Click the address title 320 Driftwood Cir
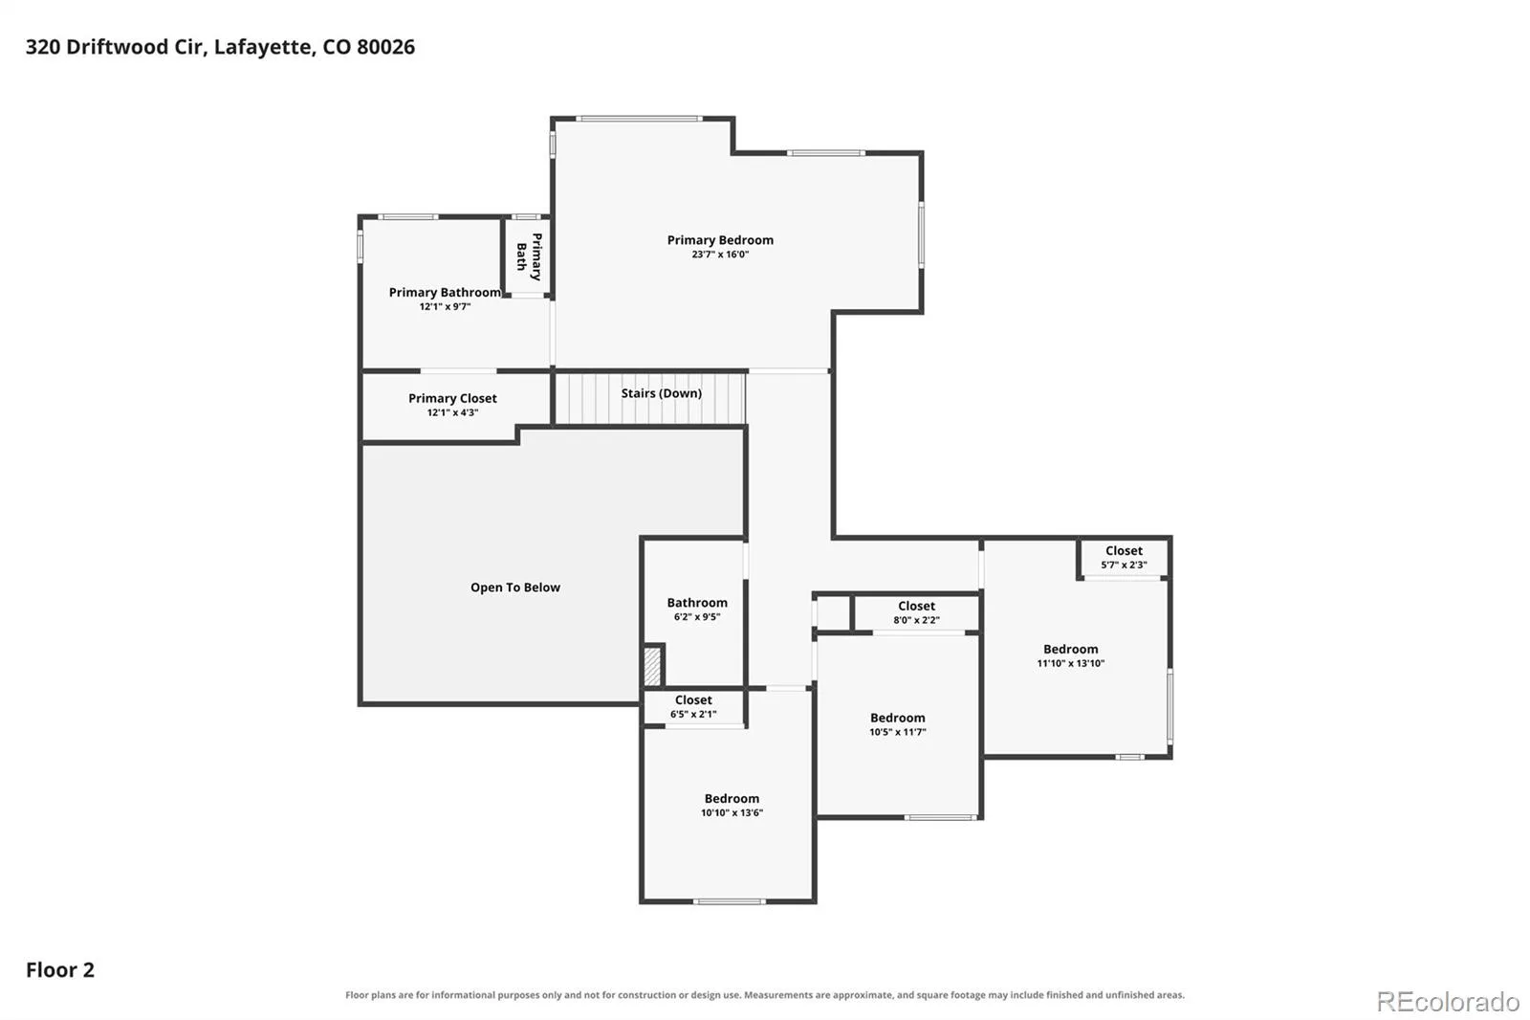click(116, 47)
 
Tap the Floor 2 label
click(60, 969)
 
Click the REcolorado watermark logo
click(1448, 1002)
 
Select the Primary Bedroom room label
click(720, 240)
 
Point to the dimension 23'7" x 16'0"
click(720, 255)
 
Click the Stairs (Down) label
click(661, 393)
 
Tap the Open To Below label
click(515, 588)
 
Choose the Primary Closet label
click(452, 398)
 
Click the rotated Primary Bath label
click(529, 257)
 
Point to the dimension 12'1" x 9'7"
click(445, 306)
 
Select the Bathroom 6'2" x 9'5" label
click(697, 610)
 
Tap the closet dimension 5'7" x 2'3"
click(1124, 565)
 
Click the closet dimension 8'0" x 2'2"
click(916, 620)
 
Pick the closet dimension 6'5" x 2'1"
click(693, 715)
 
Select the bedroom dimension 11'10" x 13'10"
click(1070, 663)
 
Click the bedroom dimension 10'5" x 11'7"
click(898, 732)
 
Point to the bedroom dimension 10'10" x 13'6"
click(732, 813)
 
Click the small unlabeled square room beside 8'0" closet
click(833, 612)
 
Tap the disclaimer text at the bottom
click(765, 995)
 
